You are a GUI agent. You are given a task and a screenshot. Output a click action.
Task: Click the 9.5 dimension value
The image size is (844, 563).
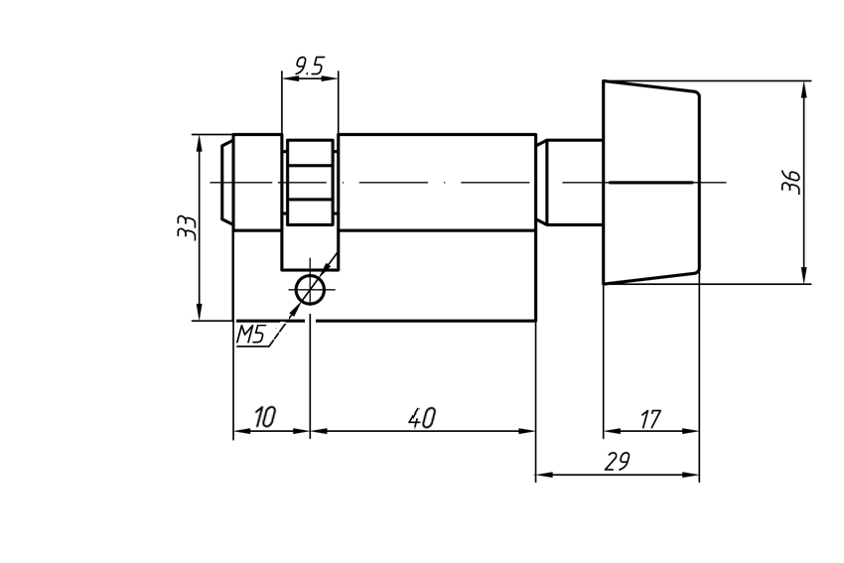pos(309,67)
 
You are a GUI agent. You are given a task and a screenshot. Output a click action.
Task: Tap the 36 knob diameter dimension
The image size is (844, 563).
pos(790,182)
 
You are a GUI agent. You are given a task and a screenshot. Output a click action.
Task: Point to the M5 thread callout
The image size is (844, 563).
pos(250,335)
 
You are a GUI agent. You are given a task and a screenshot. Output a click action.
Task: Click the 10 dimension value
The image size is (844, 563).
pos(263,417)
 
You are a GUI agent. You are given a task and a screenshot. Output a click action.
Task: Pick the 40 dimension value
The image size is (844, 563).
pos(422,417)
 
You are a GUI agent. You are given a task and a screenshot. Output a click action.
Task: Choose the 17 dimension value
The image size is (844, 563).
pos(649,419)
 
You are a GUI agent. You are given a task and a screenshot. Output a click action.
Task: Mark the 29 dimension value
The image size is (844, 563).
pos(617,463)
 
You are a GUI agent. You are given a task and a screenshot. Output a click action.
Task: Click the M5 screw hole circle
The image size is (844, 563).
pos(310,290)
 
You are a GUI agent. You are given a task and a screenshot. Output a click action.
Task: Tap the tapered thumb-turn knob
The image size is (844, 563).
pos(650,183)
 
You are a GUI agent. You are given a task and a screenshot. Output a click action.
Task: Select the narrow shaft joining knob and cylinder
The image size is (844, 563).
pos(574,183)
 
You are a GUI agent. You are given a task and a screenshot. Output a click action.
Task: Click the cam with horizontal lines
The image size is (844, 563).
pos(310,183)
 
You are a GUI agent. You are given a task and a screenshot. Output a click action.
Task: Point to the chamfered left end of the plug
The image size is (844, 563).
pos(226,183)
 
